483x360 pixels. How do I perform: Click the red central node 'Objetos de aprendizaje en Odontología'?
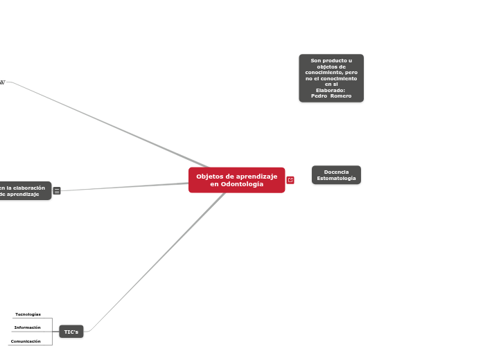[x=236, y=180]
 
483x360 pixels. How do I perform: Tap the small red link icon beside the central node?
[x=290, y=180]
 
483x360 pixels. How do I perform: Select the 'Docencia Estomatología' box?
[x=336, y=175]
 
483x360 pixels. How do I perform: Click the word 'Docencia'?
[x=336, y=172]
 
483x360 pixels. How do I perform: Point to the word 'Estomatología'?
[x=336, y=179]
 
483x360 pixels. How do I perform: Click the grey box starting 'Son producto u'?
[x=331, y=78]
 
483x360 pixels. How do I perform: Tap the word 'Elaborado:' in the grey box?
[x=331, y=90]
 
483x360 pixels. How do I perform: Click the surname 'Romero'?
[x=341, y=96]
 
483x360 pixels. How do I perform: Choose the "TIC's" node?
[x=71, y=332]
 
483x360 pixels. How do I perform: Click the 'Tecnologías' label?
[x=28, y=314]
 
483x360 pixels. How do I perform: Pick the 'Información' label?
[x=28, y=327]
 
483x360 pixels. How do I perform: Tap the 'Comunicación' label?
[x=26, y=341]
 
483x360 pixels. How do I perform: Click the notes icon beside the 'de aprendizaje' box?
[x=57, y=191]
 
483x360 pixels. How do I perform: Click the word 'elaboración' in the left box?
[x=30, y=188]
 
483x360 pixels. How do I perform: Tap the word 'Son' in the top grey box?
[x=315, y=61]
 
